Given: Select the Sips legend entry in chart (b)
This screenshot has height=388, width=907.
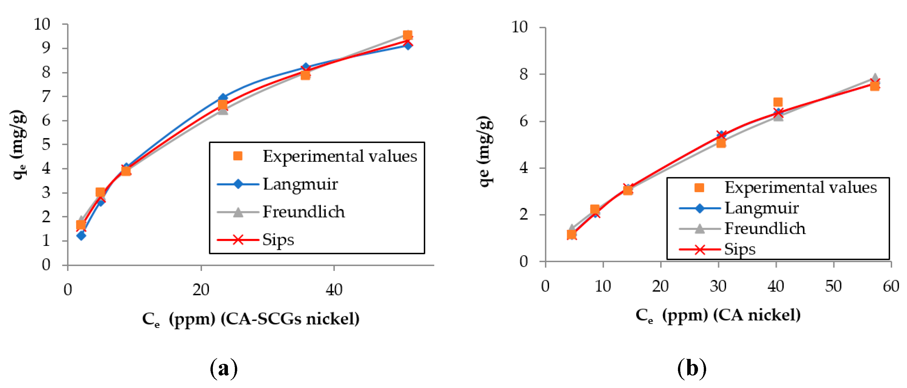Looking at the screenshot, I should [739, 249].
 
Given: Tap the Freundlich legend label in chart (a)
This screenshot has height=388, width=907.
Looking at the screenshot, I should [303, 212].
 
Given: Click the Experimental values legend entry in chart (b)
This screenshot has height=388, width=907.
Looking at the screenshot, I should [800, 187].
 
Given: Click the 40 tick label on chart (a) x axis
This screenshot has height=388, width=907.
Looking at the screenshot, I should [334, 290].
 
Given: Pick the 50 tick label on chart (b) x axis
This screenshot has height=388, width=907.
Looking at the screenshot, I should [833, 286].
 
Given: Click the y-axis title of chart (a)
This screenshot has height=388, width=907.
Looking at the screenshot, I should [18, 144].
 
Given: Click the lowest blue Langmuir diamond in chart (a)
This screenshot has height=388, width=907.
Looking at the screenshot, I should [81, 235].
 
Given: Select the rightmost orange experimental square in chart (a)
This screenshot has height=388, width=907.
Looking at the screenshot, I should [407, 35].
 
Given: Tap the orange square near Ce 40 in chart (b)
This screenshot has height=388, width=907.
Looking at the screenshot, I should [778, 102].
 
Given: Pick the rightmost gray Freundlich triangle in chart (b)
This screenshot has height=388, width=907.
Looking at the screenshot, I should [875, 78].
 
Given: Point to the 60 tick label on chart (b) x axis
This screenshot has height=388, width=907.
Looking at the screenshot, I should [891, 286].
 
